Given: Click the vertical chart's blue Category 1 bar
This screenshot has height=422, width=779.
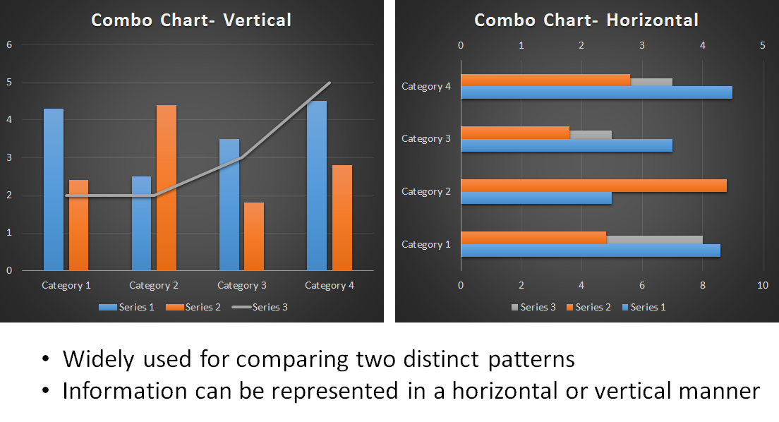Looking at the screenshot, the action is (x=54, y=189).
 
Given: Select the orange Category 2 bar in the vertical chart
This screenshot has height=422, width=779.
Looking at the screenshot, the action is (x=167, y=188).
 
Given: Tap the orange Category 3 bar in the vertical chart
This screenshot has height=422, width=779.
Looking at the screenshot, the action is (x=254, y=236).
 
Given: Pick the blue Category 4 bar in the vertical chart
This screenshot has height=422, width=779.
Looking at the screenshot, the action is (x=316, y=186).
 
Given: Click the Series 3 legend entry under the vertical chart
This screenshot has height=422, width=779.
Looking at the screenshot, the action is (x=260, y=307).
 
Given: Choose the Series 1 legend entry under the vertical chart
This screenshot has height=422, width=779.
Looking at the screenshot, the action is (x=127, y=307).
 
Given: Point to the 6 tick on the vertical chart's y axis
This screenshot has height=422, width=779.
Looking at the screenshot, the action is (x=9, y=44).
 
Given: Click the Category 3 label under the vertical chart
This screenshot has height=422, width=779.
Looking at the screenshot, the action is (x=242, y=285).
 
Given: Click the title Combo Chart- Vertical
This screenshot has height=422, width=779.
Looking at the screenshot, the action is (x=191, y=20).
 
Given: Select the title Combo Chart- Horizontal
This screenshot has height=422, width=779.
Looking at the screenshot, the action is (x=586, y=20).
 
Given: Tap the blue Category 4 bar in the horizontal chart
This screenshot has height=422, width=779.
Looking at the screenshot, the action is (x=597, y=92).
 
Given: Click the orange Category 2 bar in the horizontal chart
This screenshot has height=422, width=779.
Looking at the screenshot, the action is (x=593, y=186).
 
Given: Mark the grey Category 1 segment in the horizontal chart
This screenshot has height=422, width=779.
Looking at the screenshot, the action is (x=654, y=240).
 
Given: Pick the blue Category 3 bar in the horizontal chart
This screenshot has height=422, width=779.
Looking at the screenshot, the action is (x=567, y=145).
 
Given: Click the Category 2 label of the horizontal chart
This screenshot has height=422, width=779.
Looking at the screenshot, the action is (x=425, y=191).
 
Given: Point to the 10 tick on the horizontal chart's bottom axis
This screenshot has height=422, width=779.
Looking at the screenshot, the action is (x=763, y=285).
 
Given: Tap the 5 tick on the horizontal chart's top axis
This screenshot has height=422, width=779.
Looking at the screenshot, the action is (x=763, y=45).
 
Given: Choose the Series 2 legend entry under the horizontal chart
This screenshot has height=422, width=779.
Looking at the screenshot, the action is (x=588, y=307).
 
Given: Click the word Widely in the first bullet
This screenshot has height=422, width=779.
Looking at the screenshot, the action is (x=98, y=359).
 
